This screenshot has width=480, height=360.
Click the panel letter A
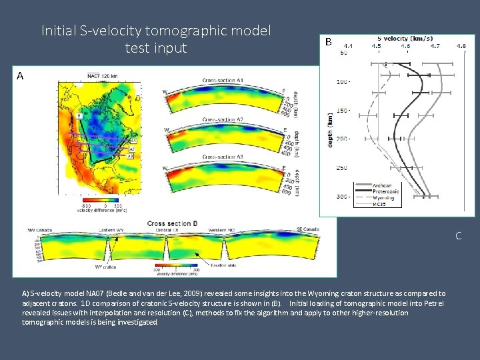[x=20, y=76]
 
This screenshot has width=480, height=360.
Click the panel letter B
[x=328, y=41]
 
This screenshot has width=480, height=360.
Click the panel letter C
[x=458, y=236]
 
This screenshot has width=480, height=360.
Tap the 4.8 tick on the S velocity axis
[x=461, y=46]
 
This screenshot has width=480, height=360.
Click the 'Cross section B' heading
[x=173, y=223]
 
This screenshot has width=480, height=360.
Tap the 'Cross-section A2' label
[x=221, y=120]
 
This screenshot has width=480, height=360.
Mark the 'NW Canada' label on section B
[x=40, y=230]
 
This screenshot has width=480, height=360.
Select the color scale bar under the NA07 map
[x=100, y=201]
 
